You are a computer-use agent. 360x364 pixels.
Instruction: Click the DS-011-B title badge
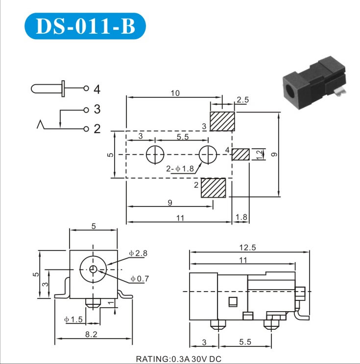(85, 26)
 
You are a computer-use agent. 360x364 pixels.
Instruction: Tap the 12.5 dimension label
(247, 248)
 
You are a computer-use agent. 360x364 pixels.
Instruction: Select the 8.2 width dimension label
(91, 334)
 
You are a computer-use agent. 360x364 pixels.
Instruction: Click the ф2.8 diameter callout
(138, 253)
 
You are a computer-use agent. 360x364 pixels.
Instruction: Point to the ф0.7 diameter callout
(140, 278)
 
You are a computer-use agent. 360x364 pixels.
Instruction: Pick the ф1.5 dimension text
(73, 319)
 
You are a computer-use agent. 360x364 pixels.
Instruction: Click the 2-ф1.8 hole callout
(180, 169)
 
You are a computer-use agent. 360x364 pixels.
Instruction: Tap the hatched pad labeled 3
(222, 121)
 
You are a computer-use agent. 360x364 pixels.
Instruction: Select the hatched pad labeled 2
(214, 188)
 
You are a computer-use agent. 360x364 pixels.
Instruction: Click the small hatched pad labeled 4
(240, 155)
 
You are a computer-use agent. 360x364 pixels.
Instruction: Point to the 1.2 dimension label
(260, 155)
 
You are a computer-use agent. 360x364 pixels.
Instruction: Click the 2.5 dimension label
(242, 100)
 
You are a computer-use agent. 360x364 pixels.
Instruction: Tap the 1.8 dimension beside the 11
(241, 217)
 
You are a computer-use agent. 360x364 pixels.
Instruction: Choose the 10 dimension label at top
(175, 93)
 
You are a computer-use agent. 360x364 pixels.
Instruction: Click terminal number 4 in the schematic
(97, 90)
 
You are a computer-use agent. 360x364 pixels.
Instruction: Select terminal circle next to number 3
(86, 110)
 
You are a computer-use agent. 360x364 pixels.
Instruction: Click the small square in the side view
(233, 302)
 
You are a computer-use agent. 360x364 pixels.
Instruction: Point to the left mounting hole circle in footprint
(155, 155)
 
